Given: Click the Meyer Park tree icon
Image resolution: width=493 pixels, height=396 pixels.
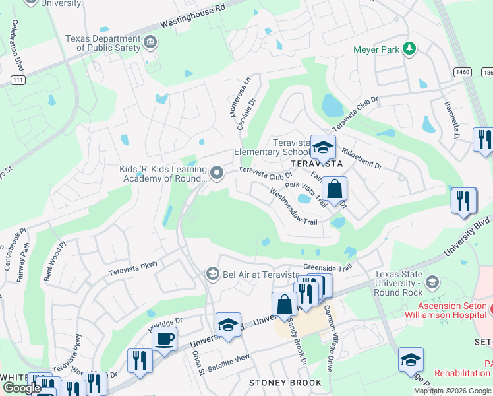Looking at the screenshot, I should pyautogui.click(x=409, y=48).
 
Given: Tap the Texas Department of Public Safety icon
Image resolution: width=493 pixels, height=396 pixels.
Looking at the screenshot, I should pyautogui.click(x=151, y=43).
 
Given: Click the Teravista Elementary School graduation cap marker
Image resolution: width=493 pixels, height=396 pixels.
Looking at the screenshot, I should pyautogui.click(x=323, y=147).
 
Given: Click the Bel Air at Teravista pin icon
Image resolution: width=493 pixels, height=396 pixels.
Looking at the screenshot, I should pyautogui.click(x=212, y=273).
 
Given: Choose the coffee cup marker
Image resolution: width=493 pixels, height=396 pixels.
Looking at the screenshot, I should pyautogui.click(x=164, y=339).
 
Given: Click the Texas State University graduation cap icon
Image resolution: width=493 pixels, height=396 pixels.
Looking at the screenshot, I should pyautogui.click(x=432, y=282).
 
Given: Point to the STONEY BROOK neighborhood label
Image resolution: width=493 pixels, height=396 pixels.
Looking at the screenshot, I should pyautogui.click(x=285, y=383).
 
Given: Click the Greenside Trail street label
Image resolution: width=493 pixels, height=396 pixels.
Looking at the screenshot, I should pyautogui.click(x=328, y=267).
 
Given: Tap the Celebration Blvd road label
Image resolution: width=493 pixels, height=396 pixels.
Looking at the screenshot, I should pyautogui.click(x=14, y=46).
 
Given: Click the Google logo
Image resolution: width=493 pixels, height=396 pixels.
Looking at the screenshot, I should pyautogui.click(x=22, y=388).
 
